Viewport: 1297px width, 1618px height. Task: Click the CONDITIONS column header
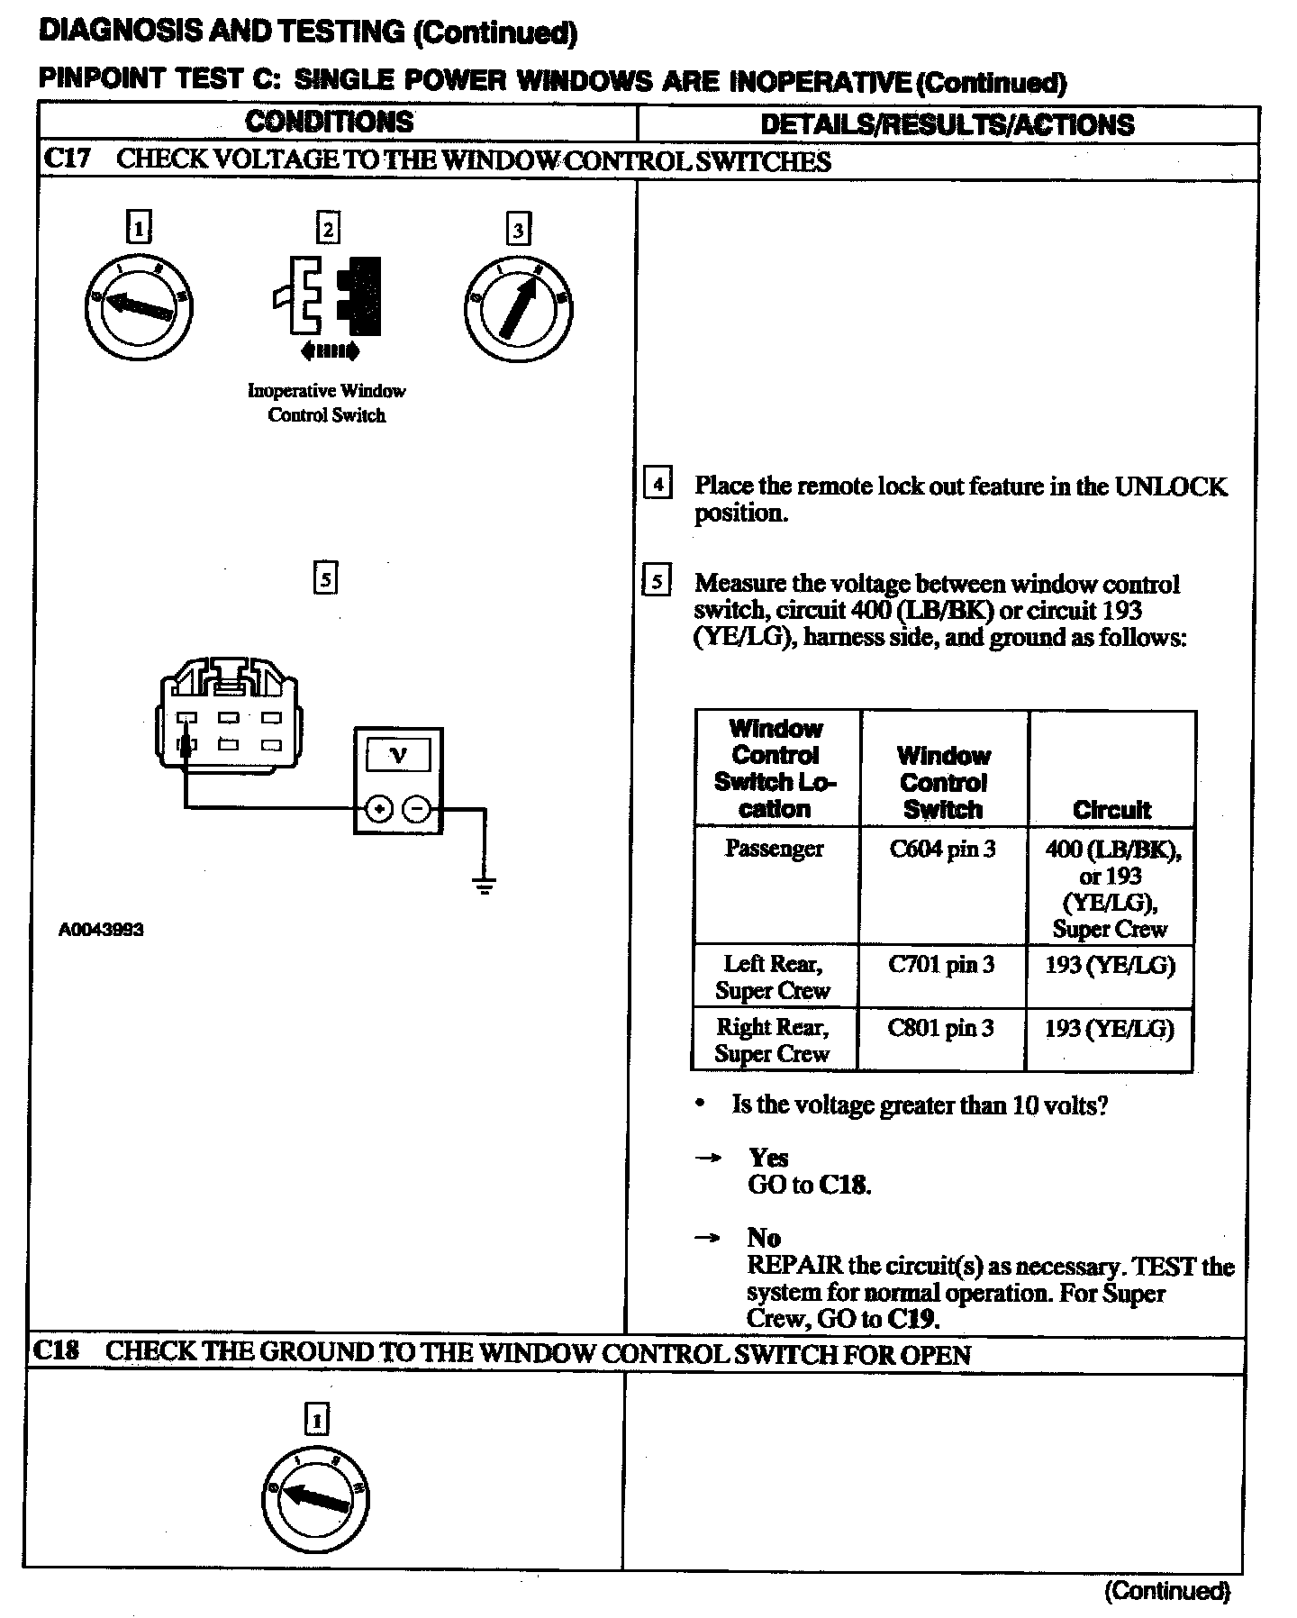[329, 123]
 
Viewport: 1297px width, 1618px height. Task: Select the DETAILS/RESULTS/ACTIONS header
[947, 124]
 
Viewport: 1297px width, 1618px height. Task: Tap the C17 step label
[68, 159]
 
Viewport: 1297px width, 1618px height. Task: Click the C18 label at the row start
[55, 1351]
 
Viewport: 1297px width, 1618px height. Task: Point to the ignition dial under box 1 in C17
[139, 308]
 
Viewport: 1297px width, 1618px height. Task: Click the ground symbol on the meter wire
[485, 886]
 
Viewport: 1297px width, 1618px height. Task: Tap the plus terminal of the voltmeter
[379, 809]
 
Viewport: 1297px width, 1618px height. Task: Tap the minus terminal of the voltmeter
[416, 809]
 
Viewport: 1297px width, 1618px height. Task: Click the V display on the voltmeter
[397, 755]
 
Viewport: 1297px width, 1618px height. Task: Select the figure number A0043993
[101, 930]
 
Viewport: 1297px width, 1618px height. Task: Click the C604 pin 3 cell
[942, 850]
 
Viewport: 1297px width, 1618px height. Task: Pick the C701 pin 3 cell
[941, 965]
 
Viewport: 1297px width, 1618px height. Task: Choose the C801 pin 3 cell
[941, 1028]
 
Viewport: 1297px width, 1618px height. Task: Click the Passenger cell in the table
[774, 849]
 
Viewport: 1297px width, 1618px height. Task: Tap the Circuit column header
[1111, 809]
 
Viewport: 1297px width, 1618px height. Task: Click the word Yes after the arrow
[768, 1158]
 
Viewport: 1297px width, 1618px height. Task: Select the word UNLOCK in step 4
[1170, 486]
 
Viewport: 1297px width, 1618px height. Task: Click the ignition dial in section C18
[316, 1499]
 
